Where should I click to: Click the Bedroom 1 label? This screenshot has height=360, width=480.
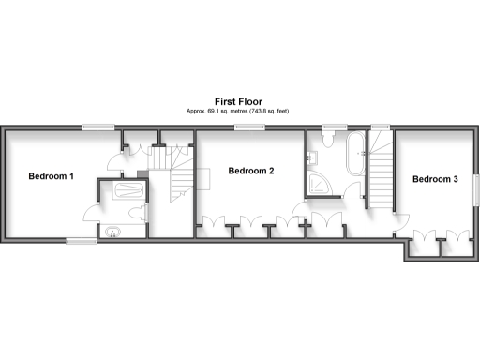tap(51, 176)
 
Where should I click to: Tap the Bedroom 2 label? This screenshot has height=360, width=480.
tap(251, 171)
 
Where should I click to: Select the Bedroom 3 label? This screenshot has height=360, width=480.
tap(435, 179)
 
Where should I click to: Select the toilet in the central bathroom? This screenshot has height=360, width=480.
tap(329, 141)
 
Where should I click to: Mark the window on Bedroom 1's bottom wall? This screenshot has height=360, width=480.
tap(81, 241)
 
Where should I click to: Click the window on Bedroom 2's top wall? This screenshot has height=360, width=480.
tap(247, 127)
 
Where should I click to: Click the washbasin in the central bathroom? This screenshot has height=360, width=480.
tap(350, 187)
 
